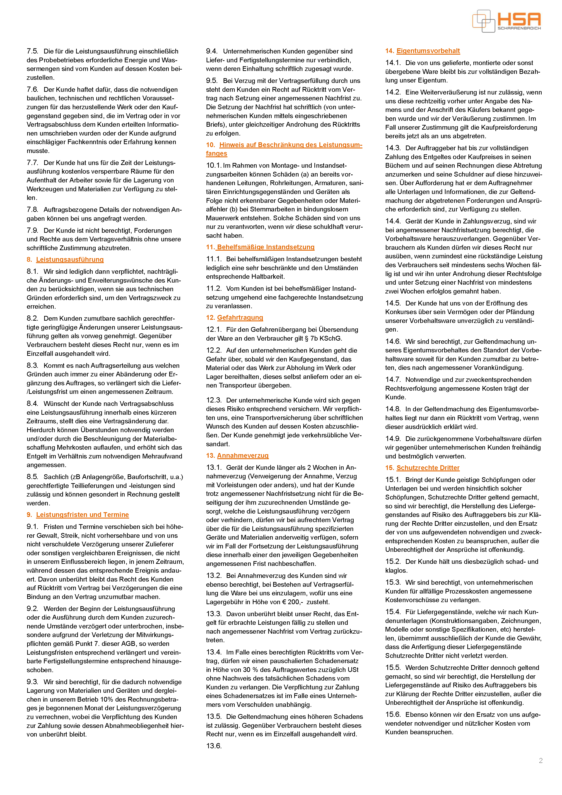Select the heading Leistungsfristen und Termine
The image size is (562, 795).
82,514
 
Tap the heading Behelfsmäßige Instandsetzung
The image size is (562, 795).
265,247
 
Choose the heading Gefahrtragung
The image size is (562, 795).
240,318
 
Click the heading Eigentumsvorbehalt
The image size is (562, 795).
428,51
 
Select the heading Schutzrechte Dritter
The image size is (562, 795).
428,468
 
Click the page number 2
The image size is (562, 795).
540,761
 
